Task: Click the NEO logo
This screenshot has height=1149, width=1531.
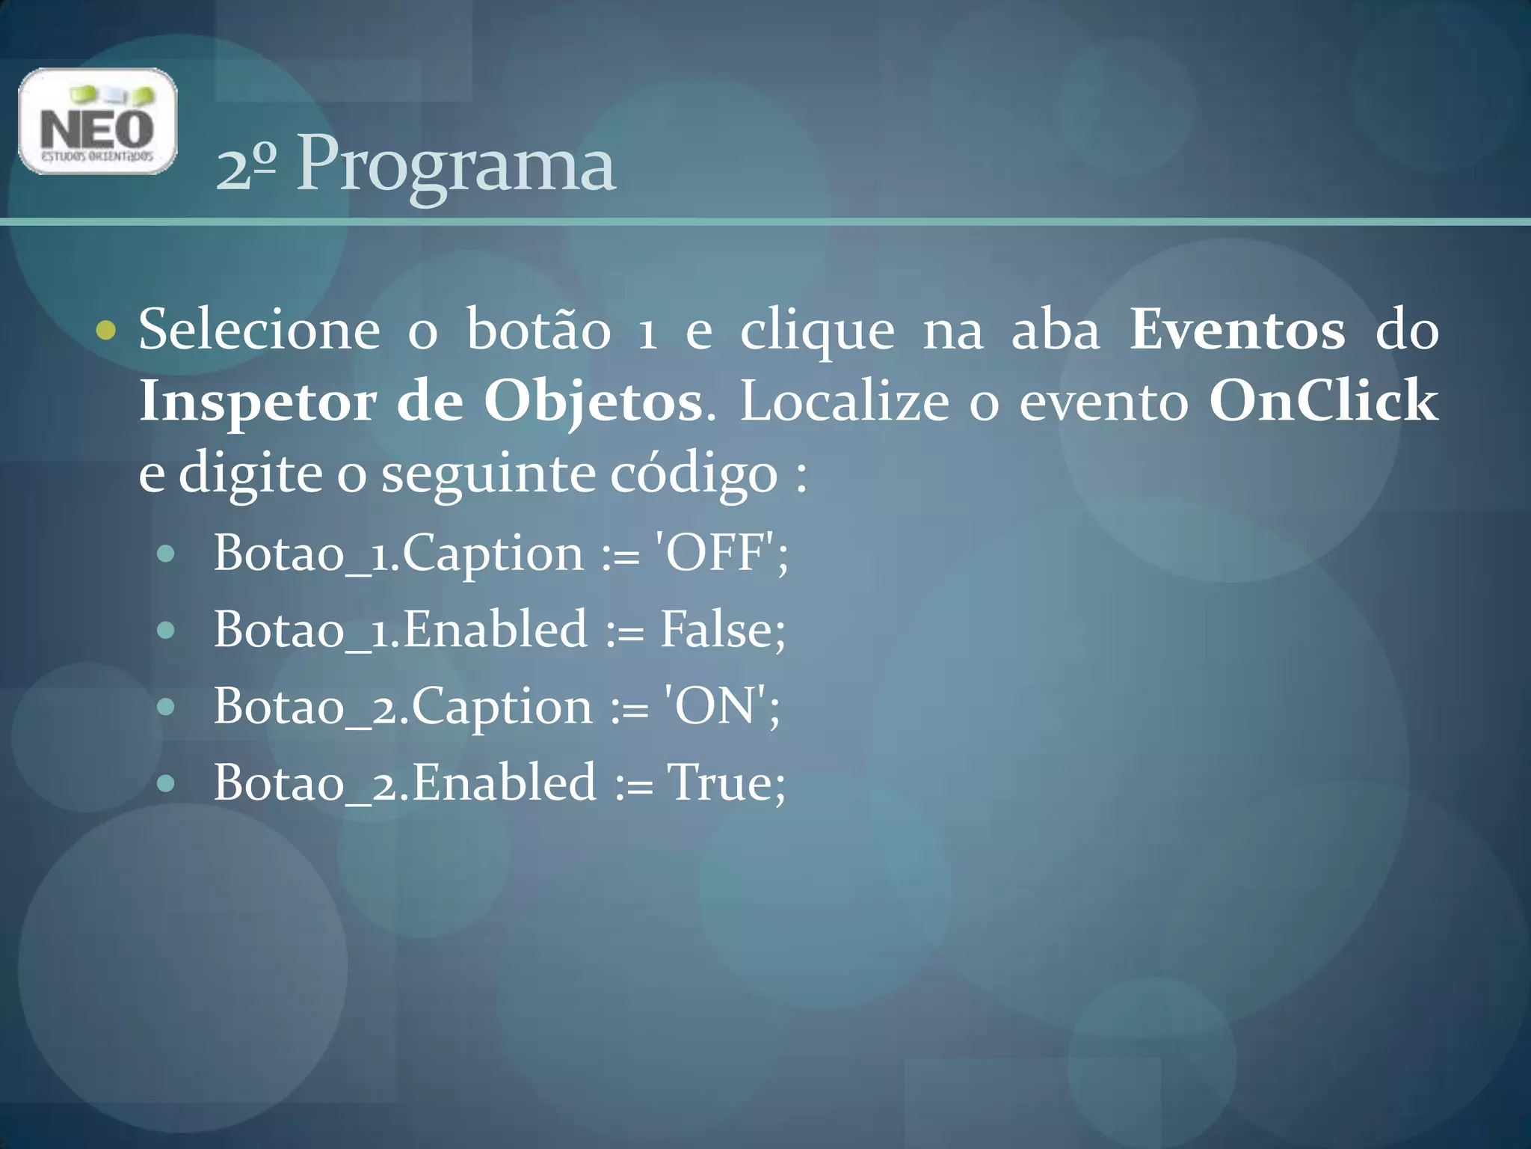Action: (97, 121)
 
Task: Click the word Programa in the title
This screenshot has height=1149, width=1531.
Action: (456, 165)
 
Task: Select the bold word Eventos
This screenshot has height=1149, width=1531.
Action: (1236, 330)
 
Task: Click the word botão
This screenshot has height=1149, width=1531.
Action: (539, 330)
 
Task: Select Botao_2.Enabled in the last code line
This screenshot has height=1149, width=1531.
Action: (404, 783)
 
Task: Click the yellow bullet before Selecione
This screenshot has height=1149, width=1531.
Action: (107, 330)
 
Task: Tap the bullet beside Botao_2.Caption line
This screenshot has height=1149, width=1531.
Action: (166, 707)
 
